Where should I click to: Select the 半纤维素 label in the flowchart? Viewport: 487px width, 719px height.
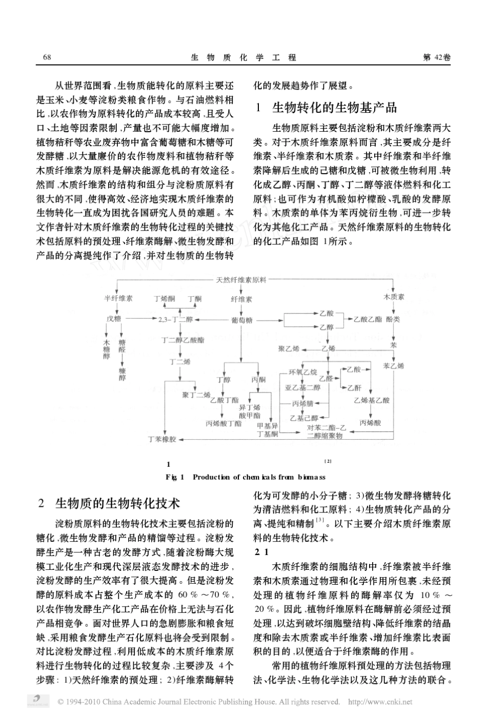[x=118, y=298]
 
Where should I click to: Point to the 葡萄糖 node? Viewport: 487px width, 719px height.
[x=241, y=320]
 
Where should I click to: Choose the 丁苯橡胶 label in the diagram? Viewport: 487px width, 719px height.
[x=162, y=439]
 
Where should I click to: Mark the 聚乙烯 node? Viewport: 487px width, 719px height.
[x=289, y=349]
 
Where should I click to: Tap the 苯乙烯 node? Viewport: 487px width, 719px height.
[x=393, y=365]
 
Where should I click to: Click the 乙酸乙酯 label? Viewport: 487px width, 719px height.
[x=368, y=319]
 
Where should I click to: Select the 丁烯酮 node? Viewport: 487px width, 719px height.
[x=165, y=298]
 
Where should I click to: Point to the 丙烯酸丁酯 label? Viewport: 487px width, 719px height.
[x=224, y=423]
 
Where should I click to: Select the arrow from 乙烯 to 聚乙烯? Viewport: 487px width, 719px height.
[x=310, y=349]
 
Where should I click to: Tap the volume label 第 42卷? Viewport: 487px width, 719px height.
[x=437, y=57]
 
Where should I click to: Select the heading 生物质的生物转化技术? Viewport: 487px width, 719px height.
[x=117, y=503]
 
